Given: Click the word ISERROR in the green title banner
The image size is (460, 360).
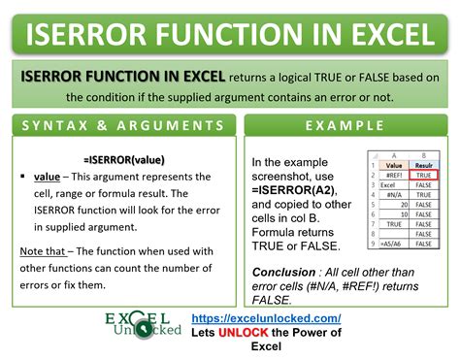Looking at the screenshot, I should pyautogui.click(x=93, y=37).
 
